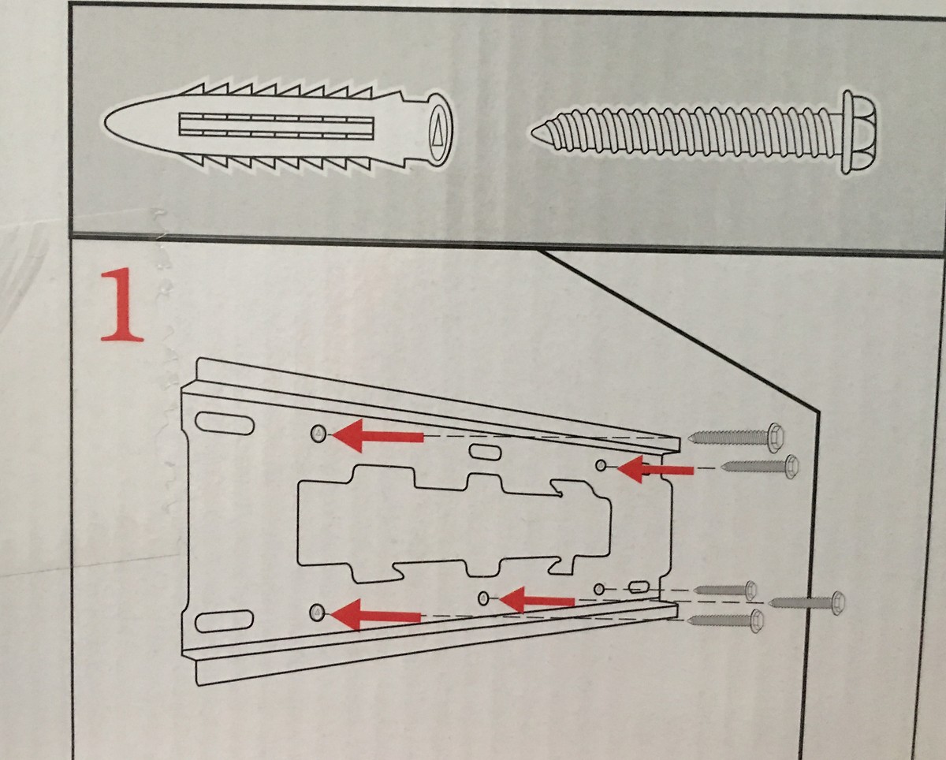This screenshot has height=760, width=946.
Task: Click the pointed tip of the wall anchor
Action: tap(106, 121)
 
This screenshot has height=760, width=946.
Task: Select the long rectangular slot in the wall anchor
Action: tap(276, 125)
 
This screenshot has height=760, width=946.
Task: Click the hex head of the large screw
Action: tap(859, 132)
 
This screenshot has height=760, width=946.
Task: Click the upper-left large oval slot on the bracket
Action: tap(225, 423)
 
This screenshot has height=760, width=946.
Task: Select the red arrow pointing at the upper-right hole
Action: tap(655, 469)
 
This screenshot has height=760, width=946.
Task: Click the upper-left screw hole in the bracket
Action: tap(318, 434)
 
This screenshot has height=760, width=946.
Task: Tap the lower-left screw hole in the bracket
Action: tap(317, 613)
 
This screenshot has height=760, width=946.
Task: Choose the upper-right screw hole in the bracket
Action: tap(601, 465)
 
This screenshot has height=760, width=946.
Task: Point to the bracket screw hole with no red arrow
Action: tap(598, 589)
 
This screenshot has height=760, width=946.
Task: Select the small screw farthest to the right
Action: tap(808, 602)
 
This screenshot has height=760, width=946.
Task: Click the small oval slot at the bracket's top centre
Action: tap(486, 452)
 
